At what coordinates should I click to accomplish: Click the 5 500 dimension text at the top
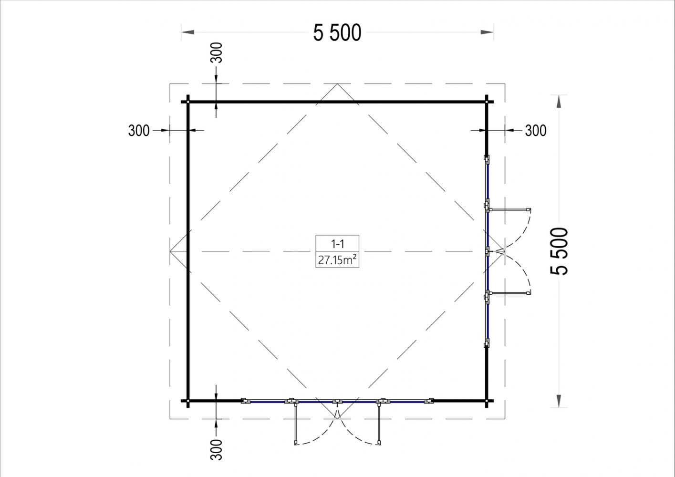coord(337,32)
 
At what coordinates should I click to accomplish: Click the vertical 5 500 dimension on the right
coord(559,251)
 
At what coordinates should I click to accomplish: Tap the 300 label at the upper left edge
coord(139,131)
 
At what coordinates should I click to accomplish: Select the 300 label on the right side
coord(536,131)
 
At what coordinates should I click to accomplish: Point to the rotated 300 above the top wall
coord(216,53)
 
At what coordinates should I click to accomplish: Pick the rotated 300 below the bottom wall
coord(216,450)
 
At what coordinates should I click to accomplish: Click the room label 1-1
coord(338,244)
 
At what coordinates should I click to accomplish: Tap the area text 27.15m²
coord(338,260)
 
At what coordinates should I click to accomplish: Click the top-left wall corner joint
coord(188,102)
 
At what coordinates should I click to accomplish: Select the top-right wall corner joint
coord(487,102)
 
